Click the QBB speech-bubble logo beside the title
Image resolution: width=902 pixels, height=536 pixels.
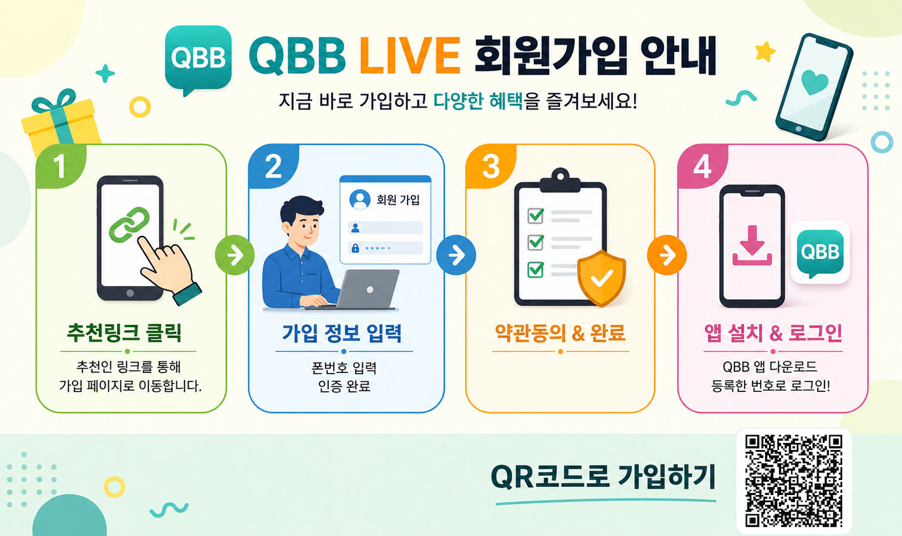point(198,58)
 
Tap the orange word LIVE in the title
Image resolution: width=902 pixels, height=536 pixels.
point(410,55)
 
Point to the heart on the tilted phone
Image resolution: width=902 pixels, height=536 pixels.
point(814,82)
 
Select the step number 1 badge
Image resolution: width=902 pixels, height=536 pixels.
point(60,166)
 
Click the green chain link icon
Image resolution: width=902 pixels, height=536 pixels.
point(129,224)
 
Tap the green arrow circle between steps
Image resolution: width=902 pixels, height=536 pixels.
point(235,255)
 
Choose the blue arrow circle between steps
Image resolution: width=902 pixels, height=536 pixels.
point(456,255)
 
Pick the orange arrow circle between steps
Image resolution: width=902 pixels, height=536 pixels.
point(667,255)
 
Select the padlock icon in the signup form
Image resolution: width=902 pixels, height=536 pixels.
point(355,248)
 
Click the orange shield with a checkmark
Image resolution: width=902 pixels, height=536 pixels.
point(602,278)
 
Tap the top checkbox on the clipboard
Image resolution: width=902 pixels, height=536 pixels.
point(536,216)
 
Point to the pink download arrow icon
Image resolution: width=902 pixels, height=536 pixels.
point(752,246)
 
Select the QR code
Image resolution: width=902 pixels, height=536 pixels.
point(794,481)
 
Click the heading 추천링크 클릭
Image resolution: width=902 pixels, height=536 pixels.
point(124,333)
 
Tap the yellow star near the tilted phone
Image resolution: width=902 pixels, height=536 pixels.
point(765,52)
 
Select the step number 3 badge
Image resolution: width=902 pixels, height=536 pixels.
point(491,166)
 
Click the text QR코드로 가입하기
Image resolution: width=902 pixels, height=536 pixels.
point(603,476)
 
